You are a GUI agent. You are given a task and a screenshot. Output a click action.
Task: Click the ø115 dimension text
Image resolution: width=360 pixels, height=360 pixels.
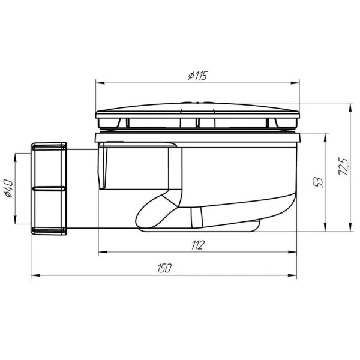tap(197, 76)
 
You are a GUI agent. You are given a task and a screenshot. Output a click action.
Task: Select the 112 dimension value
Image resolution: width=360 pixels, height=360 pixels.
tap(197, 244)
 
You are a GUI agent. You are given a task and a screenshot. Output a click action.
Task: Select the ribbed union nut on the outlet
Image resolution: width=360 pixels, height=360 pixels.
tap(48, 188)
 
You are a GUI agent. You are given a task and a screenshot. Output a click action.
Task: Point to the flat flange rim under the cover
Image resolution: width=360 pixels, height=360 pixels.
tap(197, 137)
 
